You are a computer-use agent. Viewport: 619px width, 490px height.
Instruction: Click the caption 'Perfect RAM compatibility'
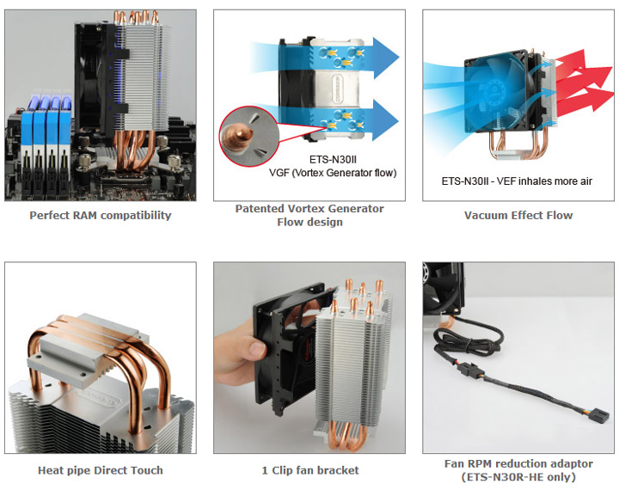pos(101,215)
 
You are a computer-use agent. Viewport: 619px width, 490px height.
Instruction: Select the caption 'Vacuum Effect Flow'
pos(518,215)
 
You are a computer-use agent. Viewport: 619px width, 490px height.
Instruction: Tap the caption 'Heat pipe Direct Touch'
pos(101,470)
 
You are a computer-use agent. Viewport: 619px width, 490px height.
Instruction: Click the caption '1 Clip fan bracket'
pos(310,470)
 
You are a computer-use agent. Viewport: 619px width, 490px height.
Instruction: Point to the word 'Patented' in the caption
pos(260,209)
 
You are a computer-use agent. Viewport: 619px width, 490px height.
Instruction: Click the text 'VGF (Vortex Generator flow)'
pos(333,173)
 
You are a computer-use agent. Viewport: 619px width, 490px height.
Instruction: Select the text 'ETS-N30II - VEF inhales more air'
pos(517,181)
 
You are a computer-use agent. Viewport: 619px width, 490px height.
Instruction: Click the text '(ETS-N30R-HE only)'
pos(518,477)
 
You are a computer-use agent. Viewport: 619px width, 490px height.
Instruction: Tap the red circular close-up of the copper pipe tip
pos(249,136)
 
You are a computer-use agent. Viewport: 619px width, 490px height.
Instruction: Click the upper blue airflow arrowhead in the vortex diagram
pos(386,58)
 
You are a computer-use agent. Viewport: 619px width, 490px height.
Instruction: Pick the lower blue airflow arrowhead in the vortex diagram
pos(385,120)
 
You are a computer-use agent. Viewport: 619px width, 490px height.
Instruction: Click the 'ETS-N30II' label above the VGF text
pos(333,160)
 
